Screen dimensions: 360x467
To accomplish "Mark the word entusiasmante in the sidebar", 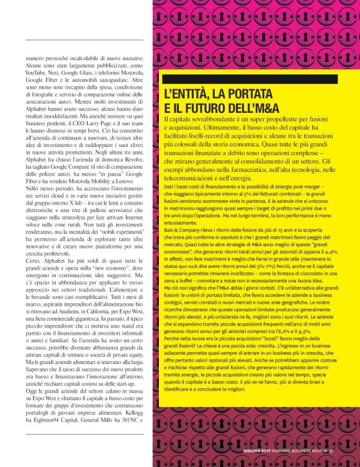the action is pos(184,223).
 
